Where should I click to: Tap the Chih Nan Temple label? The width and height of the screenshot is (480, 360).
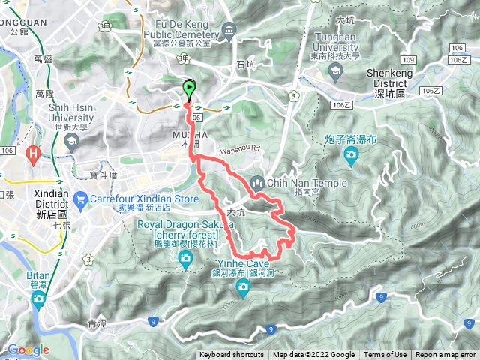tap(307, 183)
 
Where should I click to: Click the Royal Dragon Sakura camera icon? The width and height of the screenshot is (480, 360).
tap(185, 259)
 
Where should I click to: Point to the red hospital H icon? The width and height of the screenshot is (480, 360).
tap(34, 155)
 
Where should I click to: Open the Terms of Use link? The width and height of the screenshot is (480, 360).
tap(385, 355)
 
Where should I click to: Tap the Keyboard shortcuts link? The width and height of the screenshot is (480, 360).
tap(231, 355)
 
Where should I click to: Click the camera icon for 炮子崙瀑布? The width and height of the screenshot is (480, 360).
tap(351, 154)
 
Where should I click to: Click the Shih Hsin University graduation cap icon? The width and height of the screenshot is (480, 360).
tap(73, 139)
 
